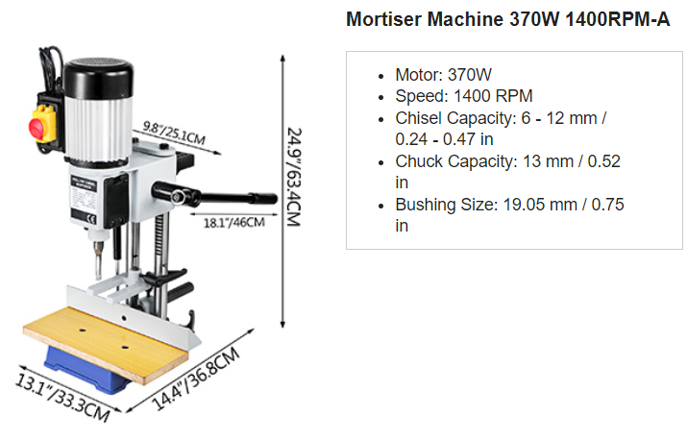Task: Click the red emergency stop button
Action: click(x=37, y=126)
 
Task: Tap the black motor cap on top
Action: click(x=98, y=78)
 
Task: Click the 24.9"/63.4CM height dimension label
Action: click(x=294, y=177)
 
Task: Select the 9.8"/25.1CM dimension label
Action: click(x=174, y=134)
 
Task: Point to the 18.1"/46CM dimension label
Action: click(x=234, y=223)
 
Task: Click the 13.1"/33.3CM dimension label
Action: click(x=62, y=398)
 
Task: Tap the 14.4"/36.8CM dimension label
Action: click(x=196, y=379)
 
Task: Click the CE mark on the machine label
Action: click(x=91, y=220)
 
